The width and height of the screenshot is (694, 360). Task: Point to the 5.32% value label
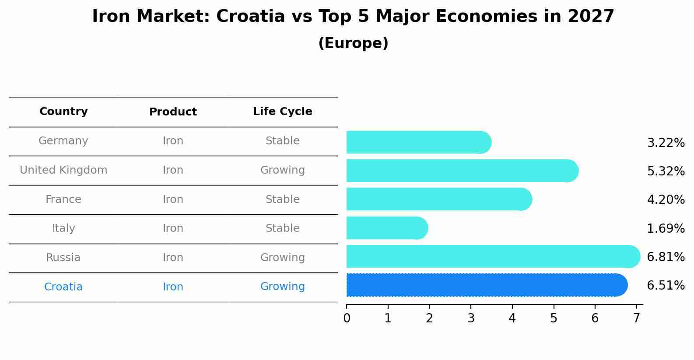[x=666, y=171]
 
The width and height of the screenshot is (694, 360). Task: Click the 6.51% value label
[x=666, y=286]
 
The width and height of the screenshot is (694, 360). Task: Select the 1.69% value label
[x=666, y=228]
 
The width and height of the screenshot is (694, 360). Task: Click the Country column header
[x=63, y=112]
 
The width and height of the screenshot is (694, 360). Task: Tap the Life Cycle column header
[x=282, y=112]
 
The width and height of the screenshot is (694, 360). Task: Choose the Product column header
[x=173, y=112]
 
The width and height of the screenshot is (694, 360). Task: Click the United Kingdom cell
[x=63, y=170]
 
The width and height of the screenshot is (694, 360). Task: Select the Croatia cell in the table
[x=63, y=287]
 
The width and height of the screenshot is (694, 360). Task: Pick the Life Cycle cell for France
[x=282, y=199]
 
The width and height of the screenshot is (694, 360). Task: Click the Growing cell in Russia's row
[x=282, y=258]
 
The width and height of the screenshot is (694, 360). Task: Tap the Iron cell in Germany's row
[x=173, y=141]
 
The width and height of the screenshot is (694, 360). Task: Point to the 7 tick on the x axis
[x=636, y=318]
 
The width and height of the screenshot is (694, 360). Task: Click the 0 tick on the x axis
[x=347, y=318]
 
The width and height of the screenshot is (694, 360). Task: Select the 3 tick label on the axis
[x=471, y=318]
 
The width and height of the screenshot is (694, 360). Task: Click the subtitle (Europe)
[x=353, y=43]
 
